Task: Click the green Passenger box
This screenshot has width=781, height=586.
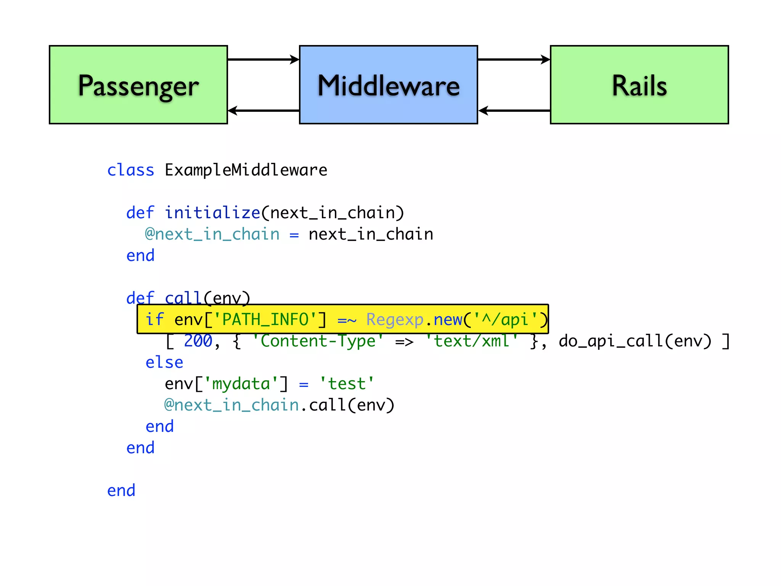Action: [x=138, y=85]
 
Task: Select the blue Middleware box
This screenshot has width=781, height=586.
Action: [x=388, y=85]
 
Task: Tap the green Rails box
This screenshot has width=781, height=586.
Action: [x=639, y=85]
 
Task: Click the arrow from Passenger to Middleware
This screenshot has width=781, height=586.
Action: [x=263, y=60]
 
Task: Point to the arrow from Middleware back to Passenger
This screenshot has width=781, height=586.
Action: [x=263, y=111]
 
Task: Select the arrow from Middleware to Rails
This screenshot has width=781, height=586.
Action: [x=514, y=60]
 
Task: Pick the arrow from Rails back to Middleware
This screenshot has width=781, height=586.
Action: [x=514, y=111]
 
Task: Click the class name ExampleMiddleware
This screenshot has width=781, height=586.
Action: [x=246, y=170]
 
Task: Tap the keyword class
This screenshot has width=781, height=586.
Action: [x=130, y=170]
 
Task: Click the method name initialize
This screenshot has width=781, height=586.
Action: [x=212, y=213]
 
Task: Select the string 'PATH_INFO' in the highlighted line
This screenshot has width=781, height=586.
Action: [x=265, y=320]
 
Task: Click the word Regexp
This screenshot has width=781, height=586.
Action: [x=395, y=320]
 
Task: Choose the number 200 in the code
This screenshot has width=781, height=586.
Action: [x=198, y=341]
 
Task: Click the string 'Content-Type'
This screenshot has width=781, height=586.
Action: [x=318, y=341]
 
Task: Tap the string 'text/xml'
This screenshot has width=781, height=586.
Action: [x=472, y=341]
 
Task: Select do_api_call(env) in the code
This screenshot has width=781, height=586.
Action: [x=635, y=341]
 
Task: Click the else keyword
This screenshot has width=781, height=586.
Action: [x=164, y=362]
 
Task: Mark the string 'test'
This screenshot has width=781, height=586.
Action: [x=347, y=384]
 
